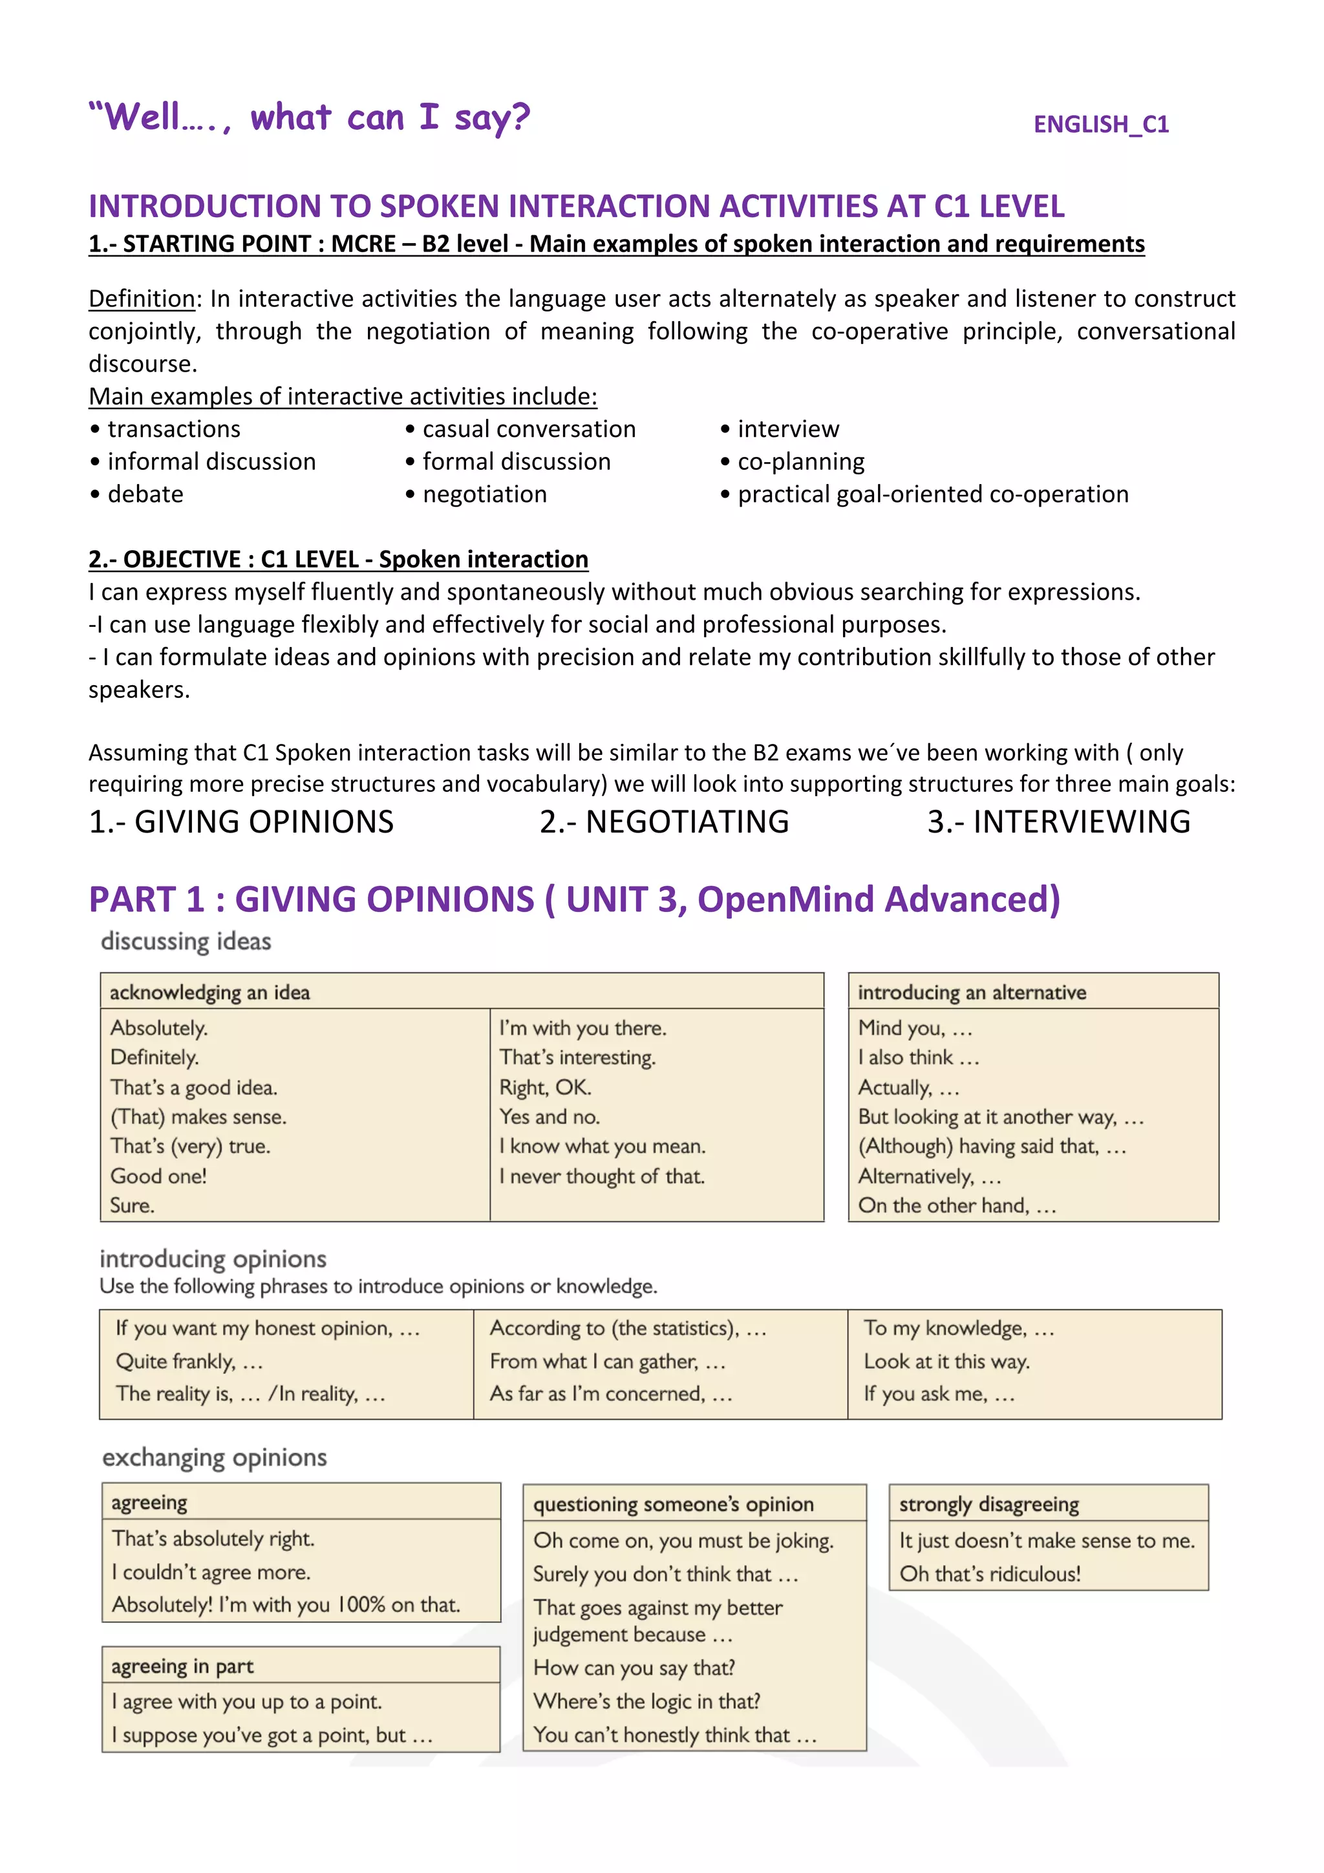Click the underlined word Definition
[x=141, y=299]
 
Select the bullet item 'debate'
[x=145, y=494]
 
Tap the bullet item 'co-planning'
[x=800, y=461]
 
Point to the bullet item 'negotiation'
[x=485, y=494]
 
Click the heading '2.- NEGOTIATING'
[x=664, y=821]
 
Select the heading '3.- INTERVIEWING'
[x=1058, y=821]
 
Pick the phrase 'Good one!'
[x=158, y=1176]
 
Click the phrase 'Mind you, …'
[x=915, y=1028]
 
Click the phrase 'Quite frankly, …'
[x=188, y=1360]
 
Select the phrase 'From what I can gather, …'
[x=607, y=1360]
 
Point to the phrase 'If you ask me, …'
[x=938, y=1393]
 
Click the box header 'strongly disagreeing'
[x=988, y=1503]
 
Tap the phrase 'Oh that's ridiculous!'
[x=990, y=1574]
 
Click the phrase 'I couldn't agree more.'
[x=211, y=1571]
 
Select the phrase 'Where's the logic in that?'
[x=646, y=1701]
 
